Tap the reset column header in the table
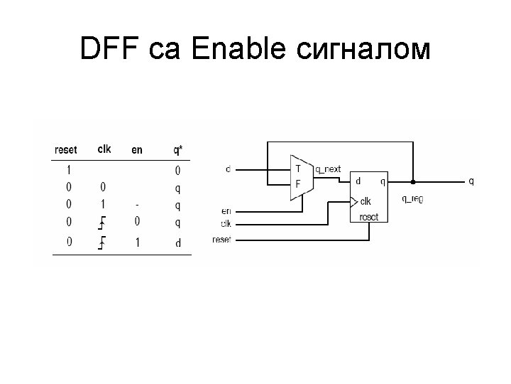click(66, 150)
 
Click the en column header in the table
click(137, 150)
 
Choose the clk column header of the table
click(104, 149)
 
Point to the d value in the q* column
click(177, 242)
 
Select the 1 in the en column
click(138, 242)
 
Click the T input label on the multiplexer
click(298, 169)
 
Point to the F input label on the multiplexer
click(298, 183)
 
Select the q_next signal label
click(328, 169)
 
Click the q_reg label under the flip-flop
click(412, 199)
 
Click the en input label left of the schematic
click(226, 210)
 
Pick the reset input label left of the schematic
click(221, 240)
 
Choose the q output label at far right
click(471, 181)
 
